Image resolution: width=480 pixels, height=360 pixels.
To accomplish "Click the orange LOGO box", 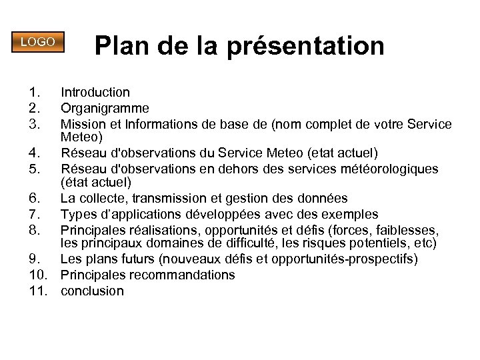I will (37, 41).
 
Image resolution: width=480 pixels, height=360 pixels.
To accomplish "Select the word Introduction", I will (95, 92).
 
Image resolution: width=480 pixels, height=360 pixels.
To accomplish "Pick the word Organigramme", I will (105, 108).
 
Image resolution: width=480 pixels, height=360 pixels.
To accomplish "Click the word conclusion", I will (92, 291).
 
